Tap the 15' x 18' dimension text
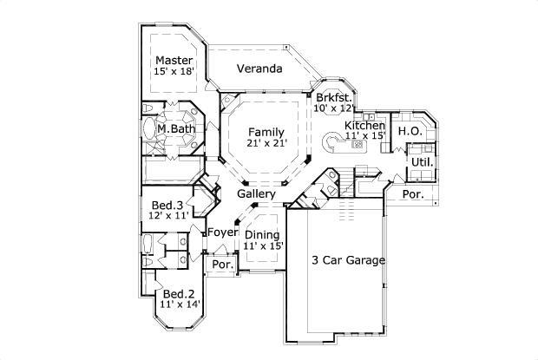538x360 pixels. click(174, 72)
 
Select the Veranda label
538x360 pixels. click(260, 69)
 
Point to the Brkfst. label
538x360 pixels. click(332, 97)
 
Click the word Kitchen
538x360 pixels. click(365, 124)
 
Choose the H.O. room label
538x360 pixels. click(410, 130)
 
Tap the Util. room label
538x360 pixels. click(422, 162)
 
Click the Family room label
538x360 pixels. click(266, 131)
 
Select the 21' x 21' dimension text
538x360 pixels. click(266, 143)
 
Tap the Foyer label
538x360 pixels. click(223, 232)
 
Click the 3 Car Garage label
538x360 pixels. click(348, 259)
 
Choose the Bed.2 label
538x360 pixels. click(177, 293)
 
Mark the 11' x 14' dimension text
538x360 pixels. click(179, 304)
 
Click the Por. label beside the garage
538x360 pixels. click(413, 195)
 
